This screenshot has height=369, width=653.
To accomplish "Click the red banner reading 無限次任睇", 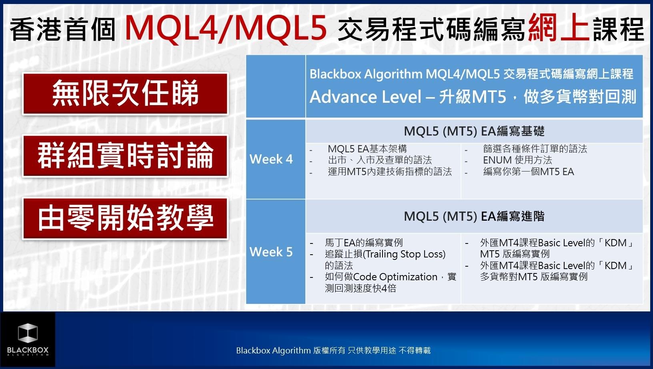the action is (125, 94).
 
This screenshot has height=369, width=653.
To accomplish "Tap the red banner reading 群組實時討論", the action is (125, 156).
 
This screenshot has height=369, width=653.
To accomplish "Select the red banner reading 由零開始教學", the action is (125, 218).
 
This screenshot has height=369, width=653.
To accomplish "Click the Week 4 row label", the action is (271, 159).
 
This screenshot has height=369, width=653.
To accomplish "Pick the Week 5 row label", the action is (271, 252).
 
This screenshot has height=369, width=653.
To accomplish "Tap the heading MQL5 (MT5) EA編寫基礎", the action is (474, 131).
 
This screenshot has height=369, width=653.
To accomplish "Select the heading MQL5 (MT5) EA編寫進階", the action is (474, 216).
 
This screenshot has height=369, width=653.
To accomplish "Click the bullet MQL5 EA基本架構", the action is (367, 149).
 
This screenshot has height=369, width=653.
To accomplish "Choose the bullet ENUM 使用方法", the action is (517, 160).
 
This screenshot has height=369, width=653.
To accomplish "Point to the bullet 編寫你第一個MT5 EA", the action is (529, 172).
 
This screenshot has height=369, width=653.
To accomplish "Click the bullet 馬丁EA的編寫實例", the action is (364, 243).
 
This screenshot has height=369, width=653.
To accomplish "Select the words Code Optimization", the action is (395, 277).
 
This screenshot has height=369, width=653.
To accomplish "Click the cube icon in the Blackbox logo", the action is (28, 333).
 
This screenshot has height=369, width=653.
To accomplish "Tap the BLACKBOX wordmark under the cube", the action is (28, 350).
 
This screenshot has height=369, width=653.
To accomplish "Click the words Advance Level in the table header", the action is (366, 97).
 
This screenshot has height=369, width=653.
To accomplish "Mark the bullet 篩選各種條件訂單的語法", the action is (535, 149).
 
